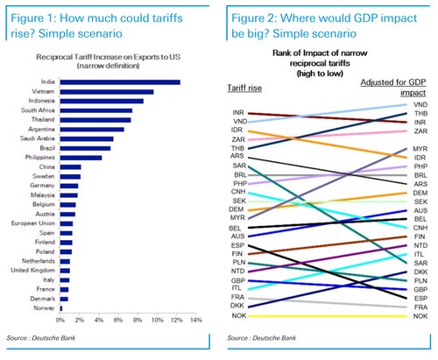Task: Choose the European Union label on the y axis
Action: tap(33, 224)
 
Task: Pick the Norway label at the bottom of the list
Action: tap(46, 308)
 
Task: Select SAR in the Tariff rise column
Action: tap(238, 165)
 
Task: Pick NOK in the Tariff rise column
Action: tap(238, 314)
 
